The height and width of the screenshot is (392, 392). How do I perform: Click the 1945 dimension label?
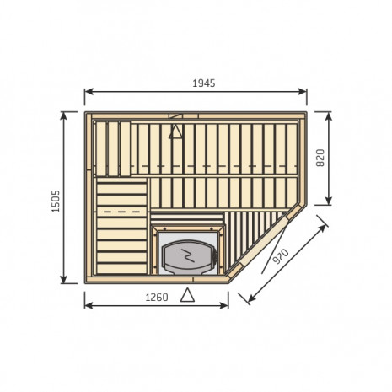204,83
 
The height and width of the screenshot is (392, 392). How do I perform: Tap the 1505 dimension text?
56,201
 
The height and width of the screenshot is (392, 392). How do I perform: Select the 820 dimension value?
320,158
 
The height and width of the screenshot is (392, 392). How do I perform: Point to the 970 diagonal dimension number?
281,256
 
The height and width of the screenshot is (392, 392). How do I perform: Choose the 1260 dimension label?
157,297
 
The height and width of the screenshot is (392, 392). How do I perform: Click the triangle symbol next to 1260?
187,295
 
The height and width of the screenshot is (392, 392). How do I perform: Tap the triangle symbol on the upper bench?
175,132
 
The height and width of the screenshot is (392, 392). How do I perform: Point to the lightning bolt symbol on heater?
188,255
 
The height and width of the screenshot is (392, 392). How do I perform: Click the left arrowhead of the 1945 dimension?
89,91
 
